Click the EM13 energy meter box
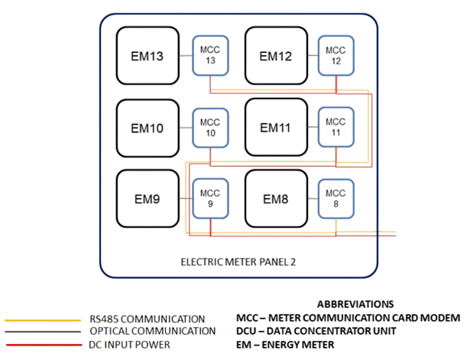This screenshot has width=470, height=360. pos(147,55)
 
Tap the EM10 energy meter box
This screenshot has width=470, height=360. pos(147,128)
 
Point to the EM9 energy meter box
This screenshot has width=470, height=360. pos(147,199)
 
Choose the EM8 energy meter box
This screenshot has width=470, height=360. pos(276,199)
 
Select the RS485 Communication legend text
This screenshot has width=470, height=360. pos(146,318)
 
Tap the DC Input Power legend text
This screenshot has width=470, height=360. pos(129,344)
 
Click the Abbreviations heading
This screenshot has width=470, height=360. pos(355,303)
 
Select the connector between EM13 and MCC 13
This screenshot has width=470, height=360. pos(184,55)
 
